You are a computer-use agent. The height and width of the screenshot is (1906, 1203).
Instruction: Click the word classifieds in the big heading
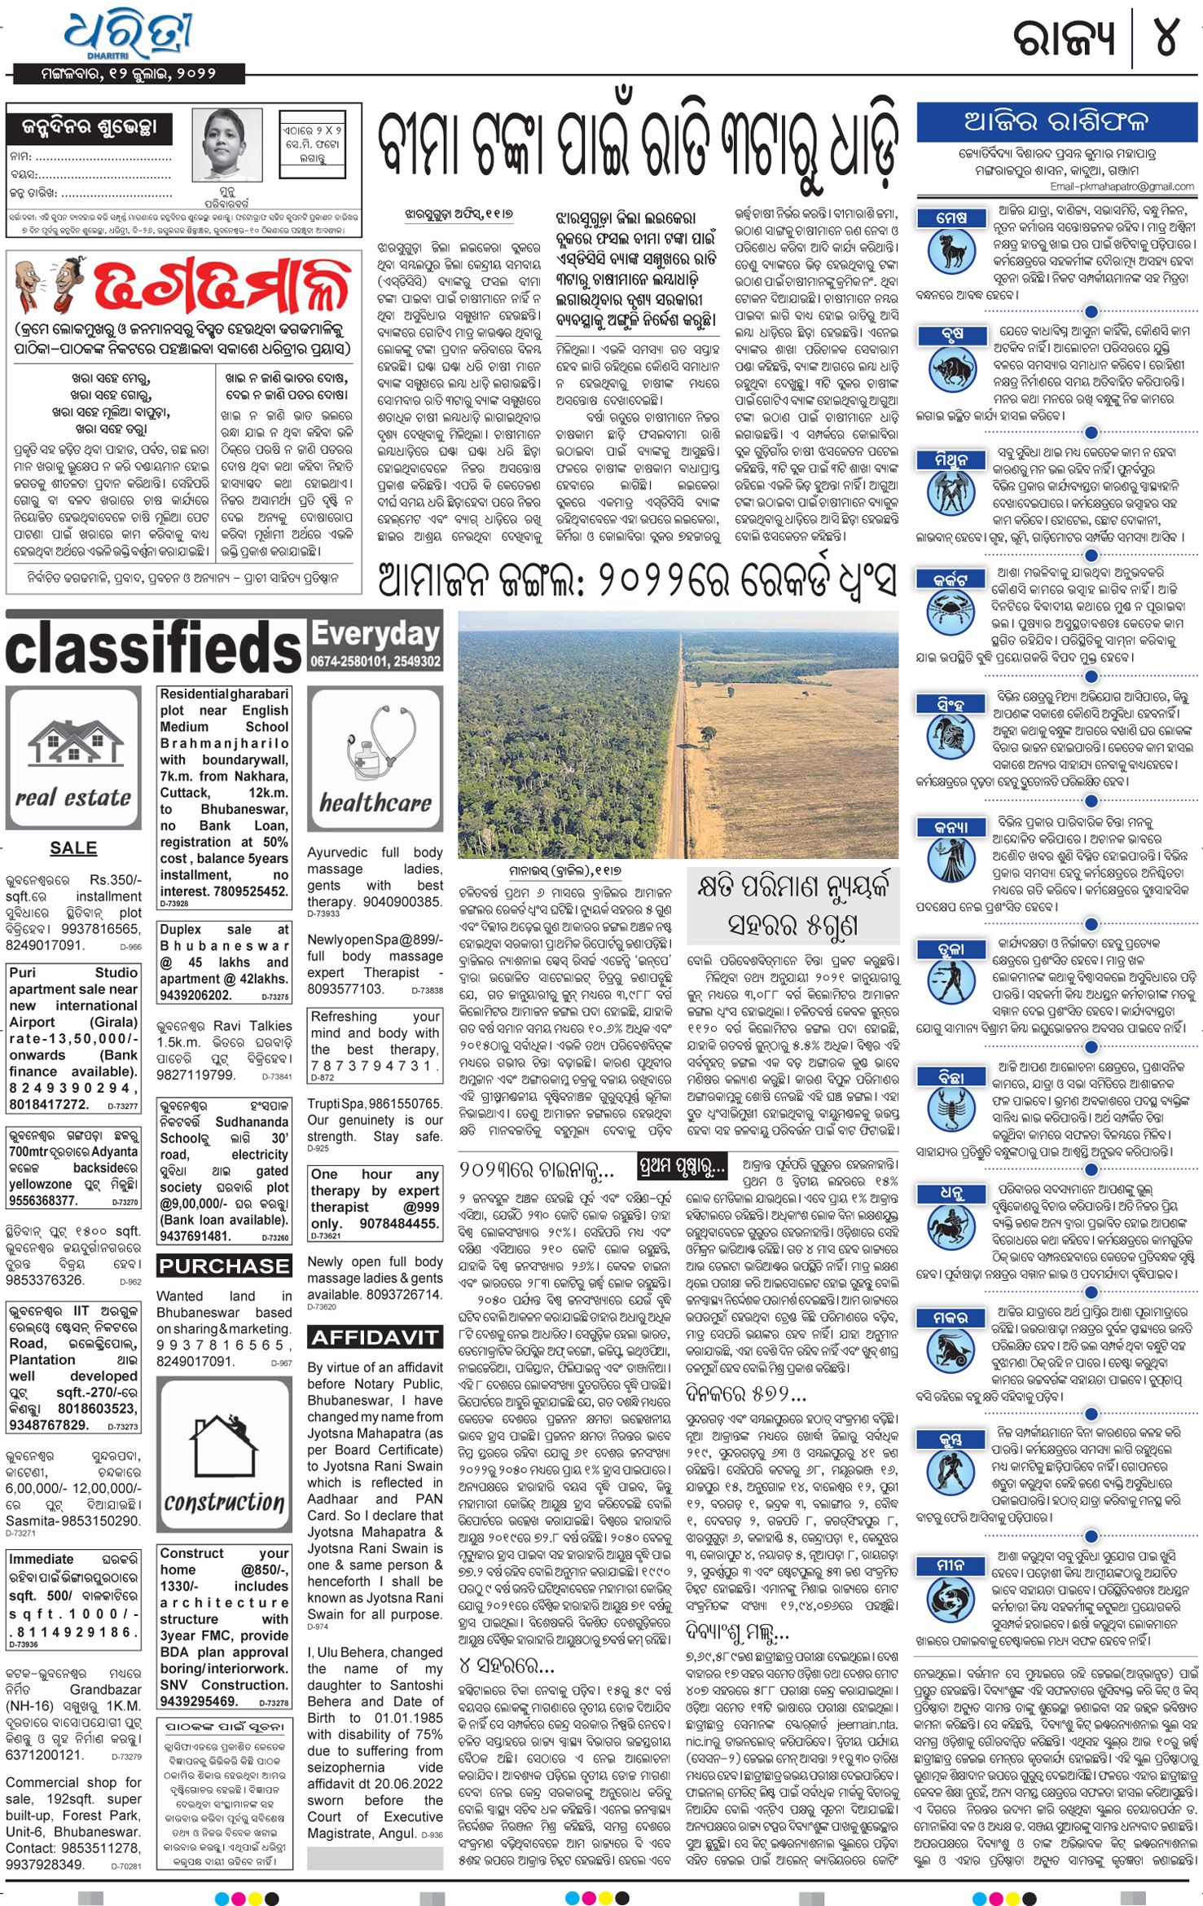click(155, 649)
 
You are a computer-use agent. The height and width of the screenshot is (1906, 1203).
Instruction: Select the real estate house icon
click(73, 742)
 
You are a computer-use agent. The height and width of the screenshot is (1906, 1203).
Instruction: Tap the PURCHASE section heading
click(224, 1266)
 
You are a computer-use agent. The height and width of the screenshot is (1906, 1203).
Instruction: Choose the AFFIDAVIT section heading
click(375, 1337)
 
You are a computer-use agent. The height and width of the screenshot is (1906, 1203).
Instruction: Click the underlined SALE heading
click(73, 848)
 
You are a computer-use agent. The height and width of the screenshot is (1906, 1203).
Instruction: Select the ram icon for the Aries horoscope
click(951, 250)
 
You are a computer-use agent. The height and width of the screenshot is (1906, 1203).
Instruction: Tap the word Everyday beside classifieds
click(375, 634)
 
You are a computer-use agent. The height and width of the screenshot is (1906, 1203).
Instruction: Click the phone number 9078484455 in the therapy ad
click(399, 1224)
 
